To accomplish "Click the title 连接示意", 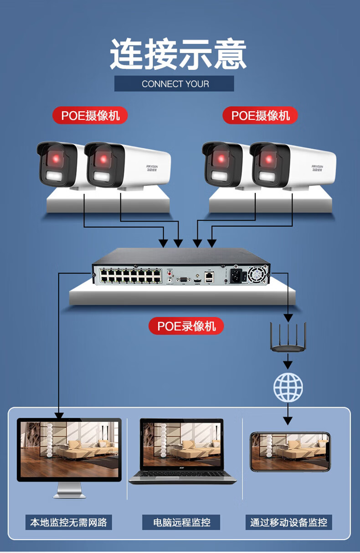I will coord(178,55).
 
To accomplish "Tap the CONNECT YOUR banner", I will coord(175,84).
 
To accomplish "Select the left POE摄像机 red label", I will coord(90,115).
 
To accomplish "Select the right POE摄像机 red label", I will coord(260,115).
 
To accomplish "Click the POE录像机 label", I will coord(186,326).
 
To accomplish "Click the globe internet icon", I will coord(288,387).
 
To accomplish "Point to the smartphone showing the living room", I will coord(290,452).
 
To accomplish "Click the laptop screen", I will coord(182,446).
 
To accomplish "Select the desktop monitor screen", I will coord(69,450).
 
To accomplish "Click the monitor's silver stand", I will coord(69,491).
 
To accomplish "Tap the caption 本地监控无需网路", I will coord(68,522).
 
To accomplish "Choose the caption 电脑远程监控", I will coord(181,522).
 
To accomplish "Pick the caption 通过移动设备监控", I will coord(288,522).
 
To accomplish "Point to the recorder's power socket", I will coord(236,275).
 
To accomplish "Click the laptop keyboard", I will coord(182,476).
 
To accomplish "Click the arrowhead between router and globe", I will coord(288,365).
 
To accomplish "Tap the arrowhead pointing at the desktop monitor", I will coord(59,415).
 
